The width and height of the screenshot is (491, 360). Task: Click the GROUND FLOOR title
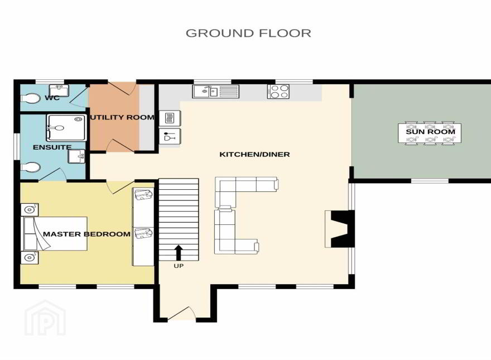248,33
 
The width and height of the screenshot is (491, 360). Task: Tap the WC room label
52,98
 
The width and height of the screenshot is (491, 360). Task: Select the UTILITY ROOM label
122,118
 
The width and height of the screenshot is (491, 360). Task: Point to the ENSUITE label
52,147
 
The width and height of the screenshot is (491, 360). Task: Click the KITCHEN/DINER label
254,154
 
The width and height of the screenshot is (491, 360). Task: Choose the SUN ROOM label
430,132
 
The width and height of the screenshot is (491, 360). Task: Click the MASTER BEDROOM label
86,234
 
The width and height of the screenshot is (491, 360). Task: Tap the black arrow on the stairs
179,253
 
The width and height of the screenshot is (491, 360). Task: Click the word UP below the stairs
179,266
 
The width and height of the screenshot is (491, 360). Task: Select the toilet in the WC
30,98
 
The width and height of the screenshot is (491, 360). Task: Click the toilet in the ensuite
30,167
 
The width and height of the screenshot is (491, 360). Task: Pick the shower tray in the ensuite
66,128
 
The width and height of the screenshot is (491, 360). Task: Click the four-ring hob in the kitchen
278,92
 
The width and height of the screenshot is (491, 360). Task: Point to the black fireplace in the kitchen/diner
340,229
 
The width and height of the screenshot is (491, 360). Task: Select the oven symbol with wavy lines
170,119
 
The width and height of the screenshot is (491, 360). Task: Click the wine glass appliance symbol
170,137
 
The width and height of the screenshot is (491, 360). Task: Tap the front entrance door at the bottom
181,313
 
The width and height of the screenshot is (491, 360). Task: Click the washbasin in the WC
59,90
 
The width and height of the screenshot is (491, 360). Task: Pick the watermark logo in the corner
45,318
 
